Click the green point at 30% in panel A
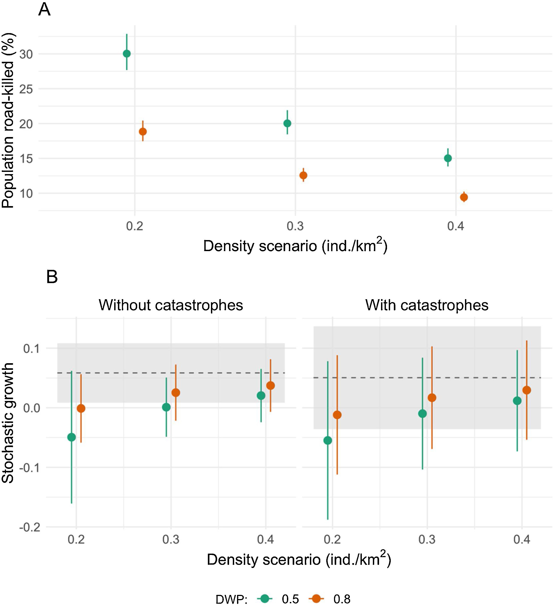click(x=127, y=54)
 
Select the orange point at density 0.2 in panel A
click(x=143, y=132)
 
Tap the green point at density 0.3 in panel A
click(x=287, y=123)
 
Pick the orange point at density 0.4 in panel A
click(x=464, y=197)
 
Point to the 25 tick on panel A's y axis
click(x=26, y=89)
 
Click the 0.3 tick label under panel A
click(x=295, y=226)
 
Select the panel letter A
click(x=44, y=10)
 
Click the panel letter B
click(x=52, y=277)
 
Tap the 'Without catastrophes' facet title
click(x=171, y=305)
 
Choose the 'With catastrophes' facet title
click(x=427, y=305)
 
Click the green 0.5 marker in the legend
click(x=265, y=599)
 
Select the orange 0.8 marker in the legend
click(x=316, y=599)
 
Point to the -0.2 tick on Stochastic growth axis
click(x=30, y=527)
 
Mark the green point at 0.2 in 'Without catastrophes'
click(x=72, y=437)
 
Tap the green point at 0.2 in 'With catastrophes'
click(x=328, y=440)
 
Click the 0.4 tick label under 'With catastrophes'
click(x=522, y=539)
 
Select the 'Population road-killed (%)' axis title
click(x=8, y=121)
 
